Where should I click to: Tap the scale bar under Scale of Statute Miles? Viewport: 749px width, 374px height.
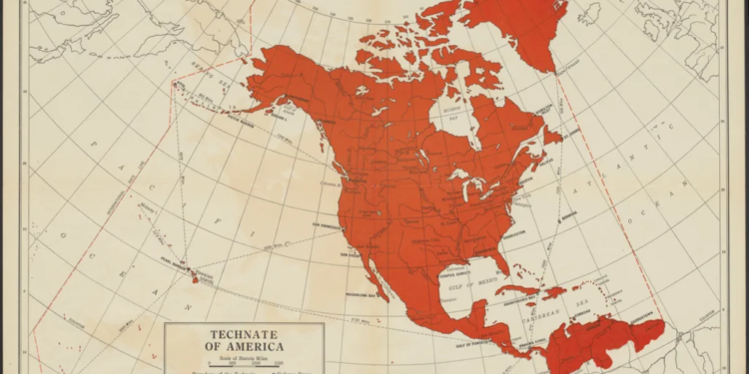pyautogui.click(x=245, y=365)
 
